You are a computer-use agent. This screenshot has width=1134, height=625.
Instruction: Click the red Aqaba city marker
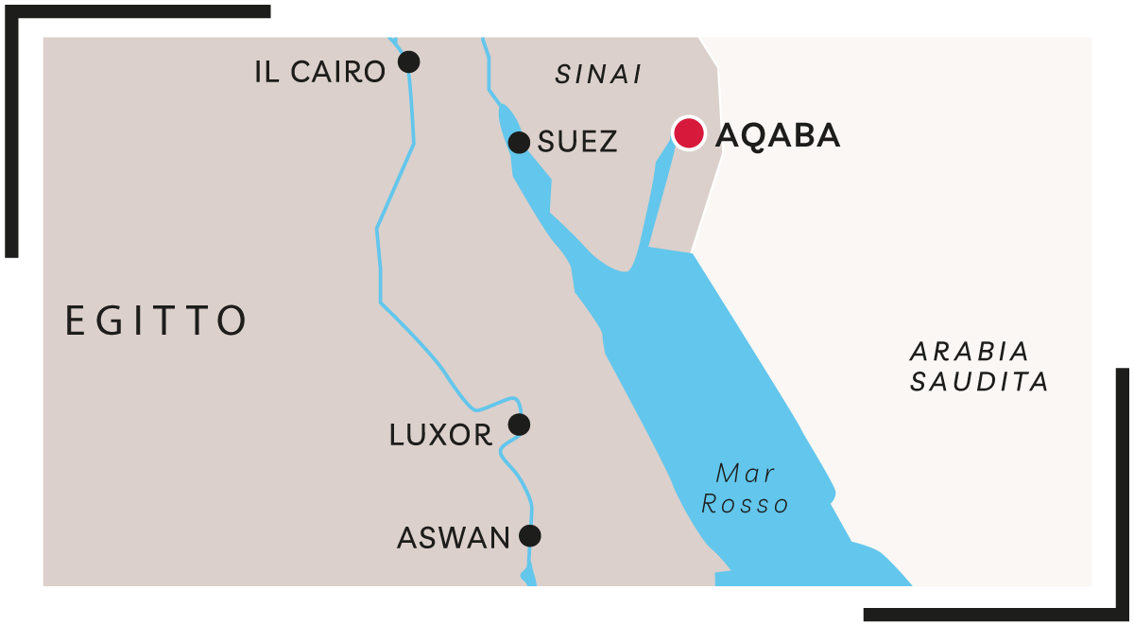tap(689, 133)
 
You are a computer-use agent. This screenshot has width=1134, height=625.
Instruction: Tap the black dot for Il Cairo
tap(408, 62)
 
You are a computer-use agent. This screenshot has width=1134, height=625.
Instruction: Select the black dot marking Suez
tap(519, 143)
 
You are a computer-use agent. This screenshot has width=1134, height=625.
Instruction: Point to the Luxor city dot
tap(519, 425)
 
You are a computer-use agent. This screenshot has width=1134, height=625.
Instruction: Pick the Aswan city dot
tap(530, 536)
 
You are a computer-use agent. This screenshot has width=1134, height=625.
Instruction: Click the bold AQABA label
tap(778, 135)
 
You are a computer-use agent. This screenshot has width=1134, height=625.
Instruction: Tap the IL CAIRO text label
tap(320, 72)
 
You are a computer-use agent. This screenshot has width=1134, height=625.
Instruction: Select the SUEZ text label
tap(577, 143)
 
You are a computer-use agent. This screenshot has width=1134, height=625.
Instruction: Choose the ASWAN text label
tap(454, 538)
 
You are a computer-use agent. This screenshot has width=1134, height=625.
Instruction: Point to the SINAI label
tap(598, 75)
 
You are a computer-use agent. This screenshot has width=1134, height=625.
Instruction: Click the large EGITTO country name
tap(157, 321)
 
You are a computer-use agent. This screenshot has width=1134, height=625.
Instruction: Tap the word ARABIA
tap(970, 352)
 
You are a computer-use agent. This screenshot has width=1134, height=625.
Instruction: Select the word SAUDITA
tap(980, 382)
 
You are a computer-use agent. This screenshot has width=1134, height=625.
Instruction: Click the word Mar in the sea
tap(746, 473)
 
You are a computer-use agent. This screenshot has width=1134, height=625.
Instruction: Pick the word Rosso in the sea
tap(746, 504)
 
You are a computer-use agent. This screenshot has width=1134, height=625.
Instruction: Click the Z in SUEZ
tap(609, 143)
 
